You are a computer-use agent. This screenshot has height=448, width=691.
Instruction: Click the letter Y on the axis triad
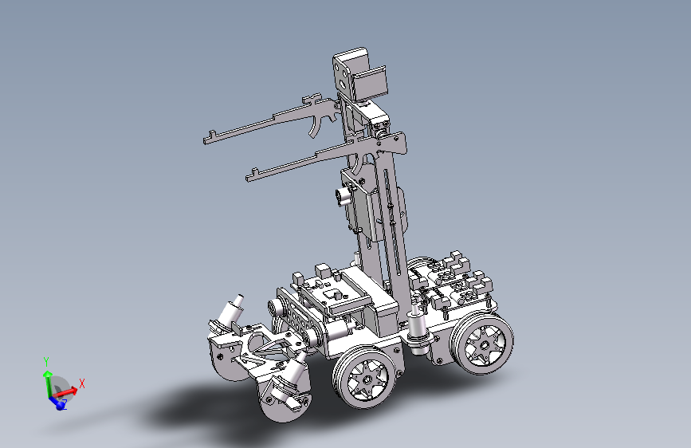(x=46, y=362)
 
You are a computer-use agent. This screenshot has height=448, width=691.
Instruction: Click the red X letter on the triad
(x=81, y=383)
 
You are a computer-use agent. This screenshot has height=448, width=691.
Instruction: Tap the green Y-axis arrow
(x=47, y=383)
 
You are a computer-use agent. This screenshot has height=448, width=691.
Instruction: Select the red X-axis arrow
(x=65, y=391)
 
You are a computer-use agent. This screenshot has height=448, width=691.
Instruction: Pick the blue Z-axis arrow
(x=57, y=402)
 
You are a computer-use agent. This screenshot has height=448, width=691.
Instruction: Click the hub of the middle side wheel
(x=367, y=379)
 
